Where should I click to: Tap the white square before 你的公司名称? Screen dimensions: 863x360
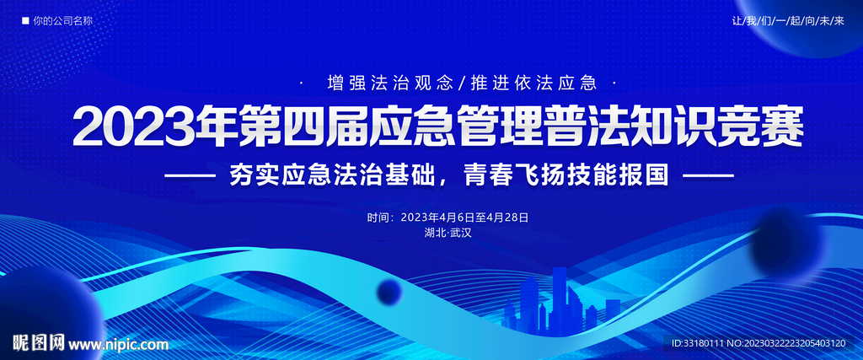pyautogui.click(x=25, y=21)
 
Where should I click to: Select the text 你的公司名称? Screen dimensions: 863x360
pyautogui.click(x=62, y=21)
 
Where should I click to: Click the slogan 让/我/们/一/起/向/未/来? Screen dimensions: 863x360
pyautogui.click(x=788, y=21)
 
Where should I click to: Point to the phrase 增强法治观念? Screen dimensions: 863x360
pyautogui.click(x=389, y=83)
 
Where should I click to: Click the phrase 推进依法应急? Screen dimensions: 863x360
pyautogui.click(x=533, y=83)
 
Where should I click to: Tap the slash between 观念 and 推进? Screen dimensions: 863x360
pyautogui.click(x=461, y=83)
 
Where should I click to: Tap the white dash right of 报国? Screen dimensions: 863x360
pyautogui.click(x=708, y=175)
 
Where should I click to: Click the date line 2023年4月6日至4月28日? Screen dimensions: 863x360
pyautogui.click(x=464, y=218)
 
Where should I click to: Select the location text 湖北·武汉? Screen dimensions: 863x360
pyautogui.click(x=448, y=233)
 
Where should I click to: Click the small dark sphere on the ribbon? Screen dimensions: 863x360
pyautogui.click(x=389, y=290)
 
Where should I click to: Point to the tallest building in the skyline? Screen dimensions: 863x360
pyautogui.click(x=560, y=300)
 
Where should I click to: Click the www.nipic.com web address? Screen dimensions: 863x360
pyautogui.click(x=118, y=345)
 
